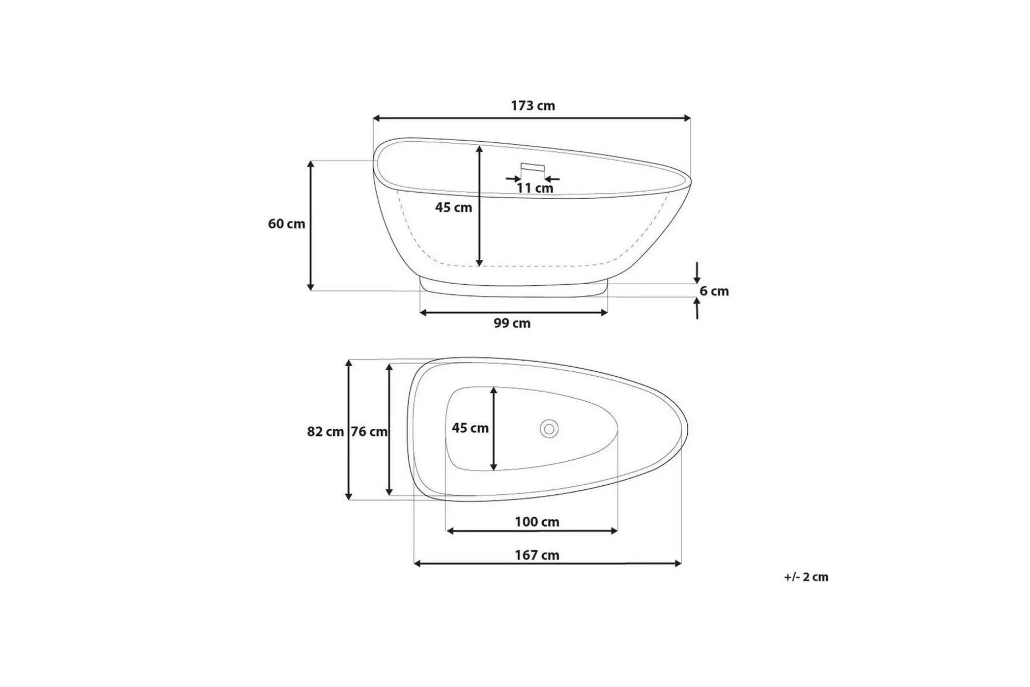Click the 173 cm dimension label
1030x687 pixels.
coord(533,105)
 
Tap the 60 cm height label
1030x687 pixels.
coord(286,224)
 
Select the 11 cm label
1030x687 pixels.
coord(535,188)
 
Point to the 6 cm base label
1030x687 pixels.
coord(714,291)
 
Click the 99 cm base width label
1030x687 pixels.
coord(512,323)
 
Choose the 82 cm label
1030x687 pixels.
coord(326,432)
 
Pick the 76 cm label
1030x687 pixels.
coord(369,432)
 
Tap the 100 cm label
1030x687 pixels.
coord(537,522)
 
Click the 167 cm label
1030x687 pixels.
coord(537,555)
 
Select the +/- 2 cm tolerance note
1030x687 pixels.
coord(806,577)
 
